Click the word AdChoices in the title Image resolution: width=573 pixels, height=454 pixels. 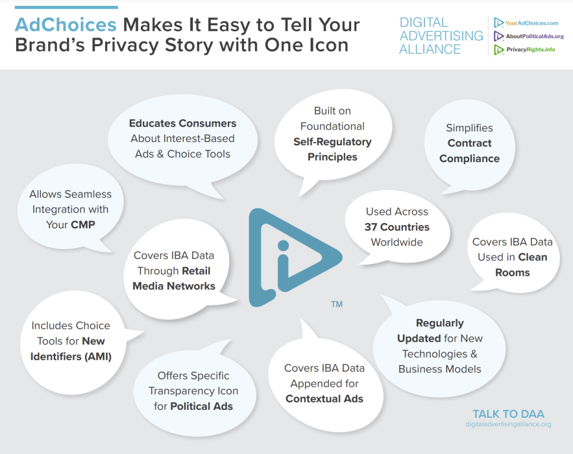[x=66, y=25]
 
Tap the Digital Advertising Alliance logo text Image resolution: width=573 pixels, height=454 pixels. [x=441, y=36]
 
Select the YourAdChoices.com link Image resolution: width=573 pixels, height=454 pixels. [x=531, y=23]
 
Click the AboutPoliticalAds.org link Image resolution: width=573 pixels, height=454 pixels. [x=535, y=36]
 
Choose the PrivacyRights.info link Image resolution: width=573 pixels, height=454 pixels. [x=531, y=49]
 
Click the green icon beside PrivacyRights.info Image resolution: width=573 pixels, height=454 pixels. [x=499, y=50]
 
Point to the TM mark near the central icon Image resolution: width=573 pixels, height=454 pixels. [x=337, y=304]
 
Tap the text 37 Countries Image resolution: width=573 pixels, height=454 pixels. [x=397, y=227]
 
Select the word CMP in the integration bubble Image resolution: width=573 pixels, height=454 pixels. [x=83, y=224]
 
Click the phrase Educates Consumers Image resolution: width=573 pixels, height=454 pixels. [x=183, y=123]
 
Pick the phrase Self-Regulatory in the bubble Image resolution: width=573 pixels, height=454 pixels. [x=332, y=142]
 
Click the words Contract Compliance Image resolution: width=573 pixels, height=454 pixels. [x=470, y=151]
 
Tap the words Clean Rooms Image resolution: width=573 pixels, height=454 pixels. [x=513, y=265]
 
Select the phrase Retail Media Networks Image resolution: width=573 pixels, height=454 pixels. [x=174, y=278]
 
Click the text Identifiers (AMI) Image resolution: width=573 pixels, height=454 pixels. [x=71, y=357]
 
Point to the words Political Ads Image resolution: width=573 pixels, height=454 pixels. [x=201, y=406]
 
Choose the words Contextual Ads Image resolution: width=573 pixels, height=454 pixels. [x=324, y=398]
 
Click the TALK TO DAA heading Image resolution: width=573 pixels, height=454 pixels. [x=508, y=414]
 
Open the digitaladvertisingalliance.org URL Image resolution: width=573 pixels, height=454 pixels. [x=508, y=424]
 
